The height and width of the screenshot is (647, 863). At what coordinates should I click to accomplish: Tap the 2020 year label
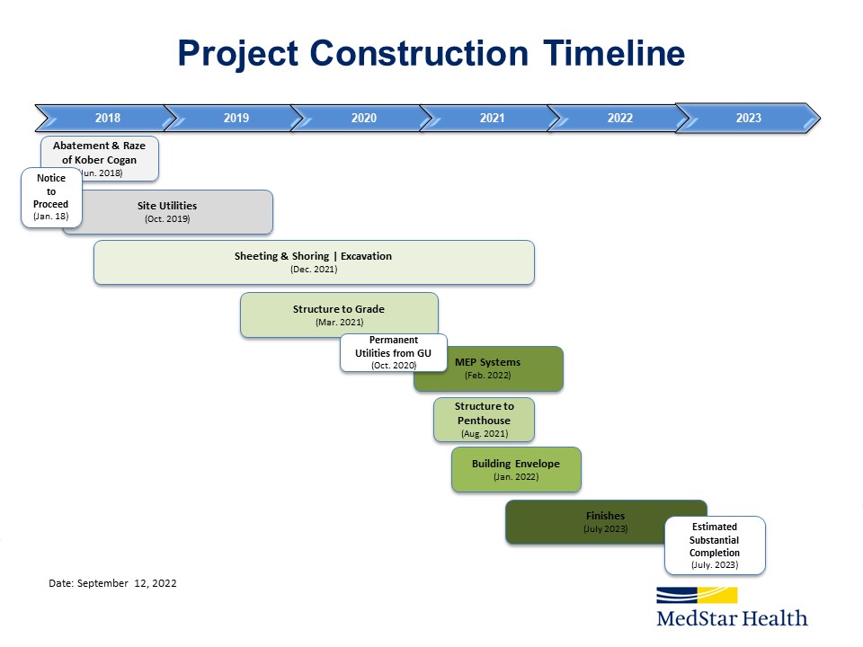click(364, 118)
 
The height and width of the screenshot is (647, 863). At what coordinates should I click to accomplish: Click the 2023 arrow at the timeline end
click(747, 118)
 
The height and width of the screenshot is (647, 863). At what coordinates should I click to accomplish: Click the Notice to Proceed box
click(51, 198)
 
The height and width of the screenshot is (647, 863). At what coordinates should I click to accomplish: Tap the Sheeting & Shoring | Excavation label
click(313, 256)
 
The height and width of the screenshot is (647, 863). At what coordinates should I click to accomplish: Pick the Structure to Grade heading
click(339, 308)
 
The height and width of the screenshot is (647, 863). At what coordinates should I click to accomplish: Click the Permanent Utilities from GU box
click(394, 352)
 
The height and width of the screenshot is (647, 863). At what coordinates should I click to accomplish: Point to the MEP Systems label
click(487, 362)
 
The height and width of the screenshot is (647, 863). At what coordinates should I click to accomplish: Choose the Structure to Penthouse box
click(484, 420)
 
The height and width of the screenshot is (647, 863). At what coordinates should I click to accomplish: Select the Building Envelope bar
click(516, 469)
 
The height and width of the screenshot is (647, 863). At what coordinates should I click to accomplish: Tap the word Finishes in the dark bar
click(605, 516)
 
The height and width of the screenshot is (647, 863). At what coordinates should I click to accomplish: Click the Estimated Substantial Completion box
click(715, 545)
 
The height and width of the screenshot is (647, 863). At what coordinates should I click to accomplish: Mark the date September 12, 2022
click(127, 583)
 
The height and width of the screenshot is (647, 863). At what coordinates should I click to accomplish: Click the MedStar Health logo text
click(732, 618)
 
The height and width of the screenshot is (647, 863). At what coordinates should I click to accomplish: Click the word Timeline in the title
click(614, 53)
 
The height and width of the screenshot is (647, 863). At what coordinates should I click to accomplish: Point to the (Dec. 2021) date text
click(314, 269)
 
